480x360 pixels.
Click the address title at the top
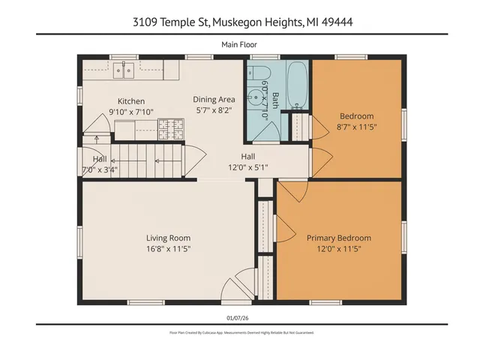pyautogui.click(x=239, y=22)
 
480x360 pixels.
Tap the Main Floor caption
pyautogui.click(x=239, y=45)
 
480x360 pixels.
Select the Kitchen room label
pyautogui.click(x=131, y=101)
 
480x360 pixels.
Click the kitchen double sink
pyautogui.click(x=124, y=72)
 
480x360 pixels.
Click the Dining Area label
pyautogui.click(x=214, y=99)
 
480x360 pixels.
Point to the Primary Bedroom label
pyautogui.click(x=338, y=238)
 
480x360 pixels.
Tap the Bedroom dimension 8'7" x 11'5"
pyautogui.click(x=356, y=127)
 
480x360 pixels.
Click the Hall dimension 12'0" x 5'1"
pyautogui.click(x=248, y=167)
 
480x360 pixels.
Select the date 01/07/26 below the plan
pyautogui.click(x=239, y=317)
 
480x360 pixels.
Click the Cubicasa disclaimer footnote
pyautogui.click(x=239, y=332)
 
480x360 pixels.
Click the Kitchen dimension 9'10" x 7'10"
pyautogui.click(x=131, y=112)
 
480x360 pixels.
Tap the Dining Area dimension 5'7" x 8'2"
pyautogui.click(x=214, y=109)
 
